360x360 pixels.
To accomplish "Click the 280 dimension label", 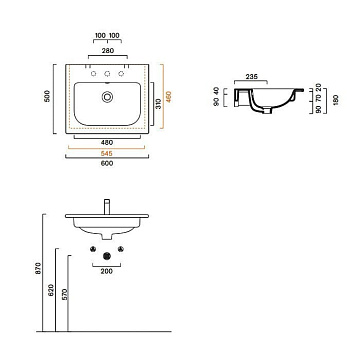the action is (x=107, y=51).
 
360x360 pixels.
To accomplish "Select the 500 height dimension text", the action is (x=47, y=96).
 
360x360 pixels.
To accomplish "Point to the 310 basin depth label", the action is (x=159, y=104).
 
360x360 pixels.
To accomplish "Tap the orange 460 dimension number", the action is (x=169, y=97).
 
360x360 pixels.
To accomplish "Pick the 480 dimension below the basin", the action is (x=107, y=143).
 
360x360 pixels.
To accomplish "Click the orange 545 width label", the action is (x=107, y=153).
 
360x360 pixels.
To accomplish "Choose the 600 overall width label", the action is (x=107, y=163).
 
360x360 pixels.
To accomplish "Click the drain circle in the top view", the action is (x=107, y=97).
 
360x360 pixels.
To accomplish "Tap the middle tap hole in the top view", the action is (x=107, y=74).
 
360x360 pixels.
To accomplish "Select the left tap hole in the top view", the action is (x=94, y=74).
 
